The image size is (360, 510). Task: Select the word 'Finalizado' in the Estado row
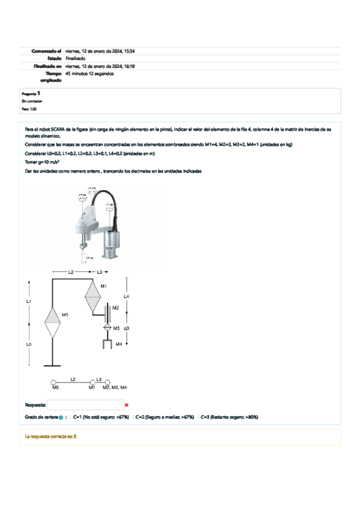[75, 58]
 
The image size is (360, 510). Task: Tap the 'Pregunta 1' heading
[31, 94]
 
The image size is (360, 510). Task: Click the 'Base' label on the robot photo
[109, 247]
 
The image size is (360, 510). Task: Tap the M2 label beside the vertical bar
[116, 308]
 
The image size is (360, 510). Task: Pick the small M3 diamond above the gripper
[106, 328]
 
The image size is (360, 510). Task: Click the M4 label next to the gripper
[118, 343]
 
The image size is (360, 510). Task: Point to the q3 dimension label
[127, 329]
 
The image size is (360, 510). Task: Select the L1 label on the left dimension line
[29, 300]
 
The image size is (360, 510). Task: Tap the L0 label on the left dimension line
[29, 344]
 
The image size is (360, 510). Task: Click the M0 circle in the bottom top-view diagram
[53, 382]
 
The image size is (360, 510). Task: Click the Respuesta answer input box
[85, 405]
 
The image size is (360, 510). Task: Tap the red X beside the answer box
[127, 405]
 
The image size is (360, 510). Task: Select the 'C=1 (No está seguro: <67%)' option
[99, 416]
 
